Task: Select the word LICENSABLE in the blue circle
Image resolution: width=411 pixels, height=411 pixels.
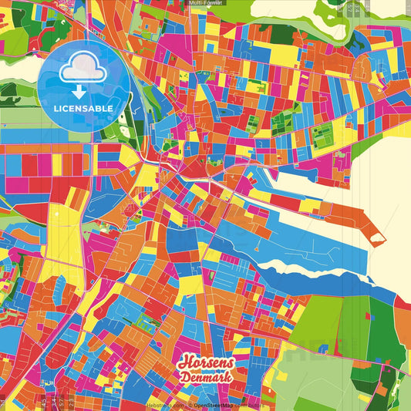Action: pyautogui.click(x=84, y=109)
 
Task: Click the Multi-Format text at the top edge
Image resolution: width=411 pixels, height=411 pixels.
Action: pyautogui.click(x=206, y=3)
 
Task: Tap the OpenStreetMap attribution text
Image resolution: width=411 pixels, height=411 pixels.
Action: pyautogui.click(x=217, y=404)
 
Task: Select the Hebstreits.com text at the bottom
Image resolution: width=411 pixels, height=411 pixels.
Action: pyautogui.click(x=165, y=404)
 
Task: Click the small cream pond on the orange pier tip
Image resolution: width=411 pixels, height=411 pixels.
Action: pyautogui.click(x=376, y=239)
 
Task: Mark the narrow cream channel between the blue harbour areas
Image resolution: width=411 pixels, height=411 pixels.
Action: pyautogui.click(x=308, y=271)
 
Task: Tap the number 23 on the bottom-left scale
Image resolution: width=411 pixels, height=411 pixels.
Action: pyautogui.click(x=70, y=402)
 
